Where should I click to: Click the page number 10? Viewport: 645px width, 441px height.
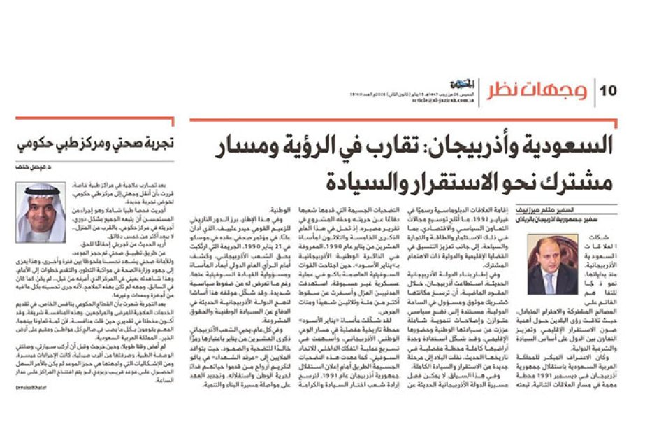coord(608,91)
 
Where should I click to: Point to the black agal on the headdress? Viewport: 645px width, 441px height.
coord(39,189)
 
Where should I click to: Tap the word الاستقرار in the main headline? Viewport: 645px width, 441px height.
coord(451,181)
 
